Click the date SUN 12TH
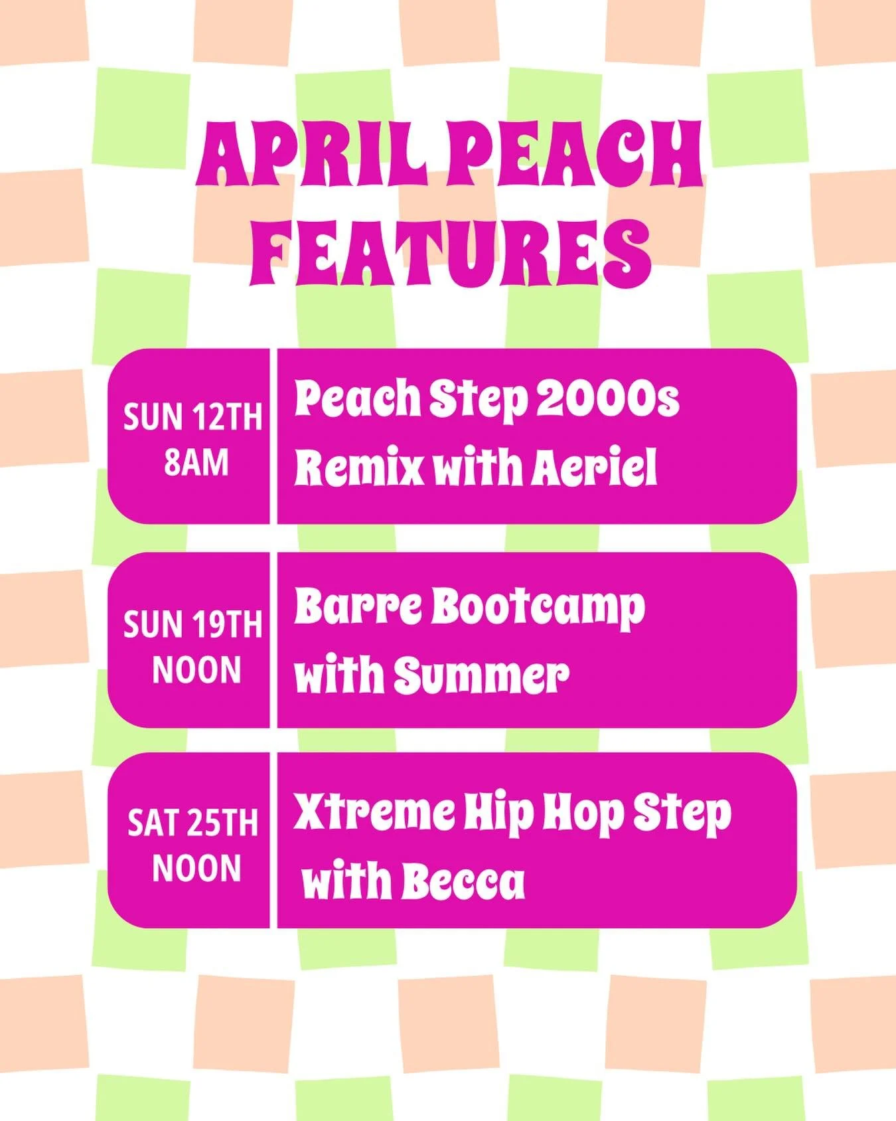tap(192, 418)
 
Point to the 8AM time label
tap(196, 463)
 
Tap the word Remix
tap(359, 468)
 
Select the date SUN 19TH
tap(192, 625)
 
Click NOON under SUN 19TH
tap(196, 670)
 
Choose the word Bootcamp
tap(538, 608)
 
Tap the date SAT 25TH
tap(192, 824)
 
